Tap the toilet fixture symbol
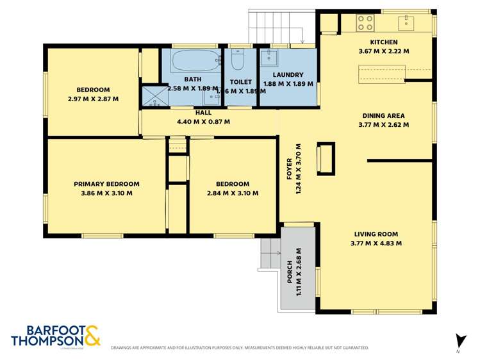tap(237, 60)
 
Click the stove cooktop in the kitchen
tap(365, 23)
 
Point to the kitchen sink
tap(406, 23)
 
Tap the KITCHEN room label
tap(383, 42)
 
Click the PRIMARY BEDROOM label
tap(106, 184)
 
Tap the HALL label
tap(203, 112)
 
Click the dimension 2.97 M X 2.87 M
tap(93, 99)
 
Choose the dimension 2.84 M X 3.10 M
tap(233, 193)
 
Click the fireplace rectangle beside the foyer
tap(326, 158)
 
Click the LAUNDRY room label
tap(287, 74)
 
